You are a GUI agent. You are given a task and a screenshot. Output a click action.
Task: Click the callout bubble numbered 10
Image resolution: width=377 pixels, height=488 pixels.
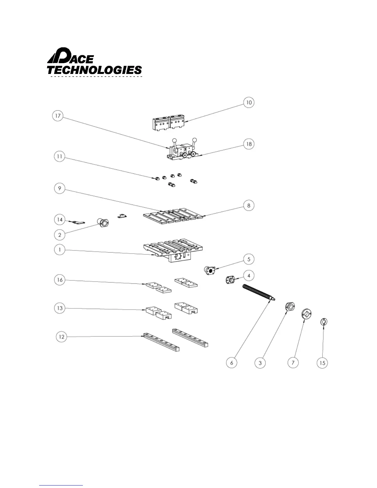pos(249,102)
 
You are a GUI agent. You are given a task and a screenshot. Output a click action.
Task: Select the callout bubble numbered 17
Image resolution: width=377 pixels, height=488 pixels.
pos(58,116)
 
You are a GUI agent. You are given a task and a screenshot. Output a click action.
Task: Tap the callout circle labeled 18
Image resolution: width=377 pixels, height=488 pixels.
pos(249,144)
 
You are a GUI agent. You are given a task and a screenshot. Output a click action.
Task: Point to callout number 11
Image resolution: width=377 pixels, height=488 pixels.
pos(59,157)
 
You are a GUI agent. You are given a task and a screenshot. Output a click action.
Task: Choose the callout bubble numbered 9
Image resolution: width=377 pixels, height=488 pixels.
pos(59,188)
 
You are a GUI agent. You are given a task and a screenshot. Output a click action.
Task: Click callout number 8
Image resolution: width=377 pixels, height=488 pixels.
pos(249,205)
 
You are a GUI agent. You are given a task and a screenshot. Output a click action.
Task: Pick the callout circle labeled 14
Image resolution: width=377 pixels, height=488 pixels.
pos(60,220)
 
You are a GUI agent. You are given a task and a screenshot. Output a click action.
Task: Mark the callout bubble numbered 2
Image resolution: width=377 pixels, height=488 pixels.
pos(60,235)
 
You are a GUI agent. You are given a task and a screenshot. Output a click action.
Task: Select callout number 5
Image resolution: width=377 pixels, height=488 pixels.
pos(249,259)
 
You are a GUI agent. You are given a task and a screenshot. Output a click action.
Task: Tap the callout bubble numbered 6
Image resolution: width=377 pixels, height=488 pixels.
pos(232,363)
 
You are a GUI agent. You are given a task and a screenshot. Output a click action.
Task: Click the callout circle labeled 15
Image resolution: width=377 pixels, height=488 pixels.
pos(322,363)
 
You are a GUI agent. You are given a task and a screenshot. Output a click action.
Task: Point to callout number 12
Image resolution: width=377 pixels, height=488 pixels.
pos(62,337)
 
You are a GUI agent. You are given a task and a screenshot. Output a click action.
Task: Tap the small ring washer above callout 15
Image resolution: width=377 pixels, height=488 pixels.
pos(323,322)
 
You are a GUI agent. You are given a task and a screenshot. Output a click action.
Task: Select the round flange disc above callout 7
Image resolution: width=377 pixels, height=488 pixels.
pos(306,314)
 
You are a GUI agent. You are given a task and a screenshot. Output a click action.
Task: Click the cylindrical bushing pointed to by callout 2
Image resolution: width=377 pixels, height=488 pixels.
pos(103,222)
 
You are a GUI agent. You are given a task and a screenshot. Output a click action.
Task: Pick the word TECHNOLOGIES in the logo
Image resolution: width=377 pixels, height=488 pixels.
pos(94,70)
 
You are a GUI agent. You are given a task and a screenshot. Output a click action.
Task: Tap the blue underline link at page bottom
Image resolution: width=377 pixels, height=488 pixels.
pos(61,486)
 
